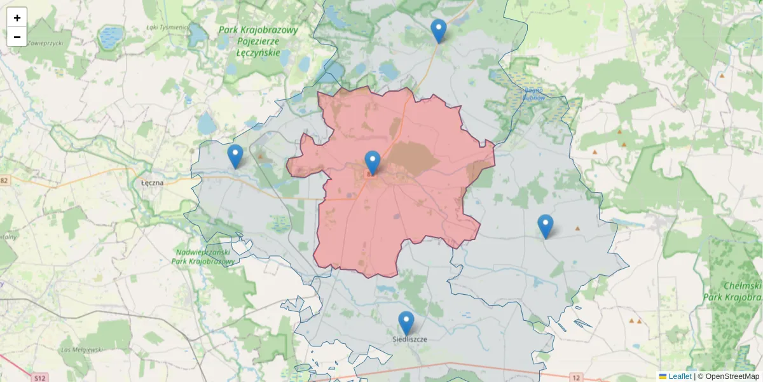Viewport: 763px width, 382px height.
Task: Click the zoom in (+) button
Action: coord(17,18)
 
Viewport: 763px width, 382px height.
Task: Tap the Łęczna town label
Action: coord(152,182)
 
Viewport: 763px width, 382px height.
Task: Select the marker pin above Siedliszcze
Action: coord(406,323)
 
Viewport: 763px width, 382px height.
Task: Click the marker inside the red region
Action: coord(373,162)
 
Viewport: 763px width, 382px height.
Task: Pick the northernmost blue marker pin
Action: coord(438,31)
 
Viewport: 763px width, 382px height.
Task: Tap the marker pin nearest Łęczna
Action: coord(235,156)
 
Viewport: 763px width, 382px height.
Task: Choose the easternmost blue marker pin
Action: coord(545,226)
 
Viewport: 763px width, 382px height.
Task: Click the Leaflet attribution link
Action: coord(679,376)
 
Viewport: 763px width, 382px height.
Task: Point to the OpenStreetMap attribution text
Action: coord(732,376)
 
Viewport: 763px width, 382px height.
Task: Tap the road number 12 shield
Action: coord(576,378)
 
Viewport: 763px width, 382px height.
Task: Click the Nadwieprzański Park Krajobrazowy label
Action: coord(204,257)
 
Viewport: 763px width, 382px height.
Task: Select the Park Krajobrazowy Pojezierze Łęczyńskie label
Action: coord(258,41)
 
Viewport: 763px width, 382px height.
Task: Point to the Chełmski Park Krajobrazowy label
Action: coord(743,292)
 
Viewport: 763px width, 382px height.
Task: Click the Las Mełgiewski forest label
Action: coord(81,350)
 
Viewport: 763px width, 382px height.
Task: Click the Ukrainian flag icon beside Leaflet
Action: coord(663,376)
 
